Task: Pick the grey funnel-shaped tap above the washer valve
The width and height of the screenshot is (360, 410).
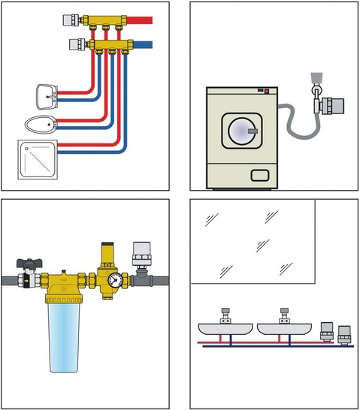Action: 316,78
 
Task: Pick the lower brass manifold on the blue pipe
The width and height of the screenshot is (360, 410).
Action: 113,46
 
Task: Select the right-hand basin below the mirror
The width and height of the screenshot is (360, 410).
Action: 284,328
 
